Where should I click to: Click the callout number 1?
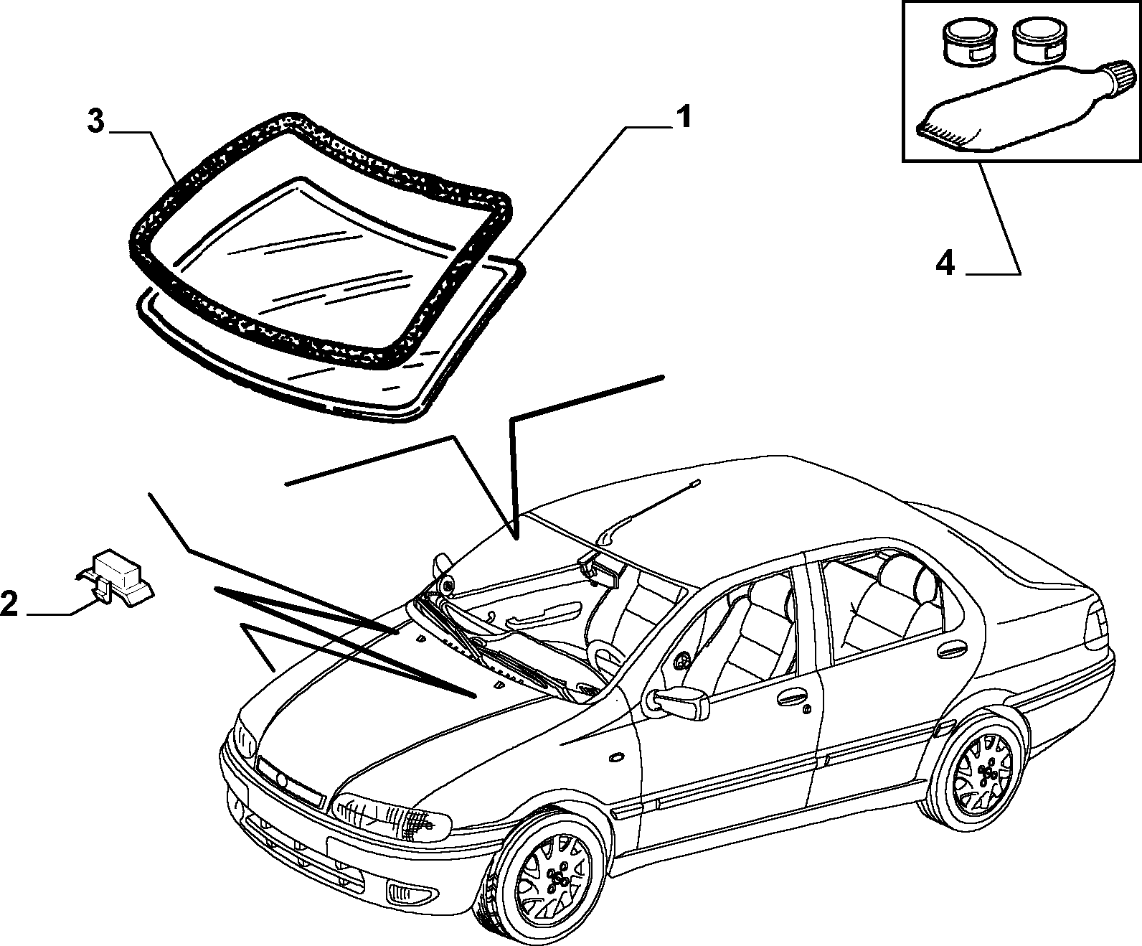pos(683,117)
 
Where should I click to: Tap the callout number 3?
pos(95,121)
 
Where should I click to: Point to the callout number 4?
pos(945,264)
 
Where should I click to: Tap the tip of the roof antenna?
pos(695,482)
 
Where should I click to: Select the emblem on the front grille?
pos(281,779)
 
